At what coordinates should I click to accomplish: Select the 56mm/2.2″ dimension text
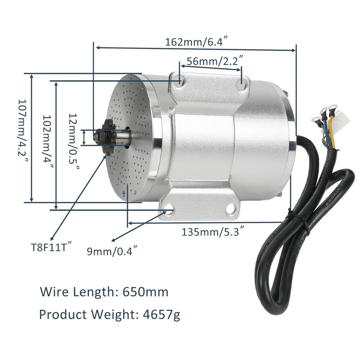click(215, 61)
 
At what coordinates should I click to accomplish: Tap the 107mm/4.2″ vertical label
click(24, 133)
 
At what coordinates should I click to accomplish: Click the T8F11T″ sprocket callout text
click(52, 246)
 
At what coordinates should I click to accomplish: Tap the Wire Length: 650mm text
click(104, 292)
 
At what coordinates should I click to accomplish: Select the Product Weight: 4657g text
click(110, 314)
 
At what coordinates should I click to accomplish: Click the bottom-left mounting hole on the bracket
click(168, 210)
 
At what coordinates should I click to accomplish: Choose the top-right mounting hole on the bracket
click(241, 84)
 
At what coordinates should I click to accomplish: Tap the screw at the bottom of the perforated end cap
click(123, 193)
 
